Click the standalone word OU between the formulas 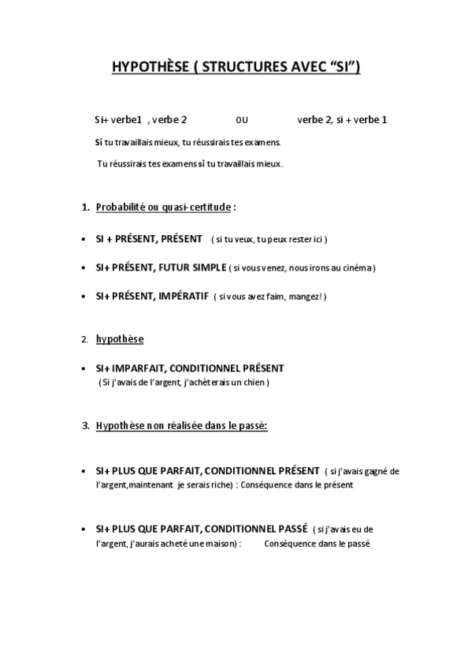coord(242,121)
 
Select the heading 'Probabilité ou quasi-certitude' coord(163,207)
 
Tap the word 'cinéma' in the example coord(357,268)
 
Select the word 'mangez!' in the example coord(309,297)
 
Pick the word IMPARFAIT coord(138,368)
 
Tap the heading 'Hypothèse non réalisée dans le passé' coord(181,426)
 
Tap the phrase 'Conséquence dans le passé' coord(318,544)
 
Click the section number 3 coord(85,426)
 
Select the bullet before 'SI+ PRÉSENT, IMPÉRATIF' coord(84,297)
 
